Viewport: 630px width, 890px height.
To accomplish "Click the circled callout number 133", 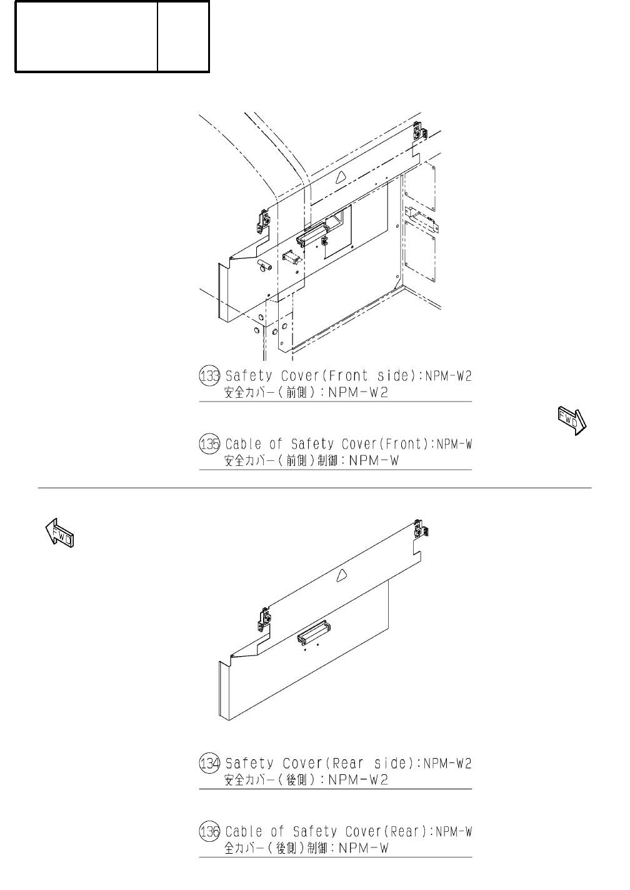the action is point(209,377).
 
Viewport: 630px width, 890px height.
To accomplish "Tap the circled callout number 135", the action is point(209,445).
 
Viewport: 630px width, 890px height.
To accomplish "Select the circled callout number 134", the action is point(209,764).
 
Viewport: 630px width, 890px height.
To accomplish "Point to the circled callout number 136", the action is point(209,832).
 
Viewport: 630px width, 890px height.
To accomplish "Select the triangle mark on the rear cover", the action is point(341,575).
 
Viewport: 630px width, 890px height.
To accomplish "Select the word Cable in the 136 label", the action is point(243,832).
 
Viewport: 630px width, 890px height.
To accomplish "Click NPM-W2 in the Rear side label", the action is point(447,764).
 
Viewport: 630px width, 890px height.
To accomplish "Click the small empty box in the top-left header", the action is point(183,37).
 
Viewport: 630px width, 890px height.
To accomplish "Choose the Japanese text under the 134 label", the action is point(306,781).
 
